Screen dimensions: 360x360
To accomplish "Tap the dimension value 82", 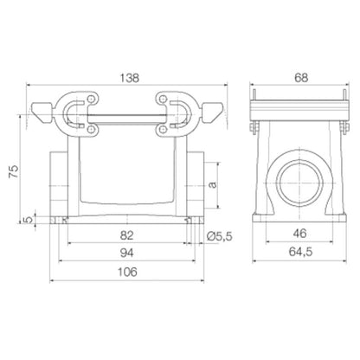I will click(126, 235).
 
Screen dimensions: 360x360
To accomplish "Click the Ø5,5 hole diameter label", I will click(224, 235).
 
